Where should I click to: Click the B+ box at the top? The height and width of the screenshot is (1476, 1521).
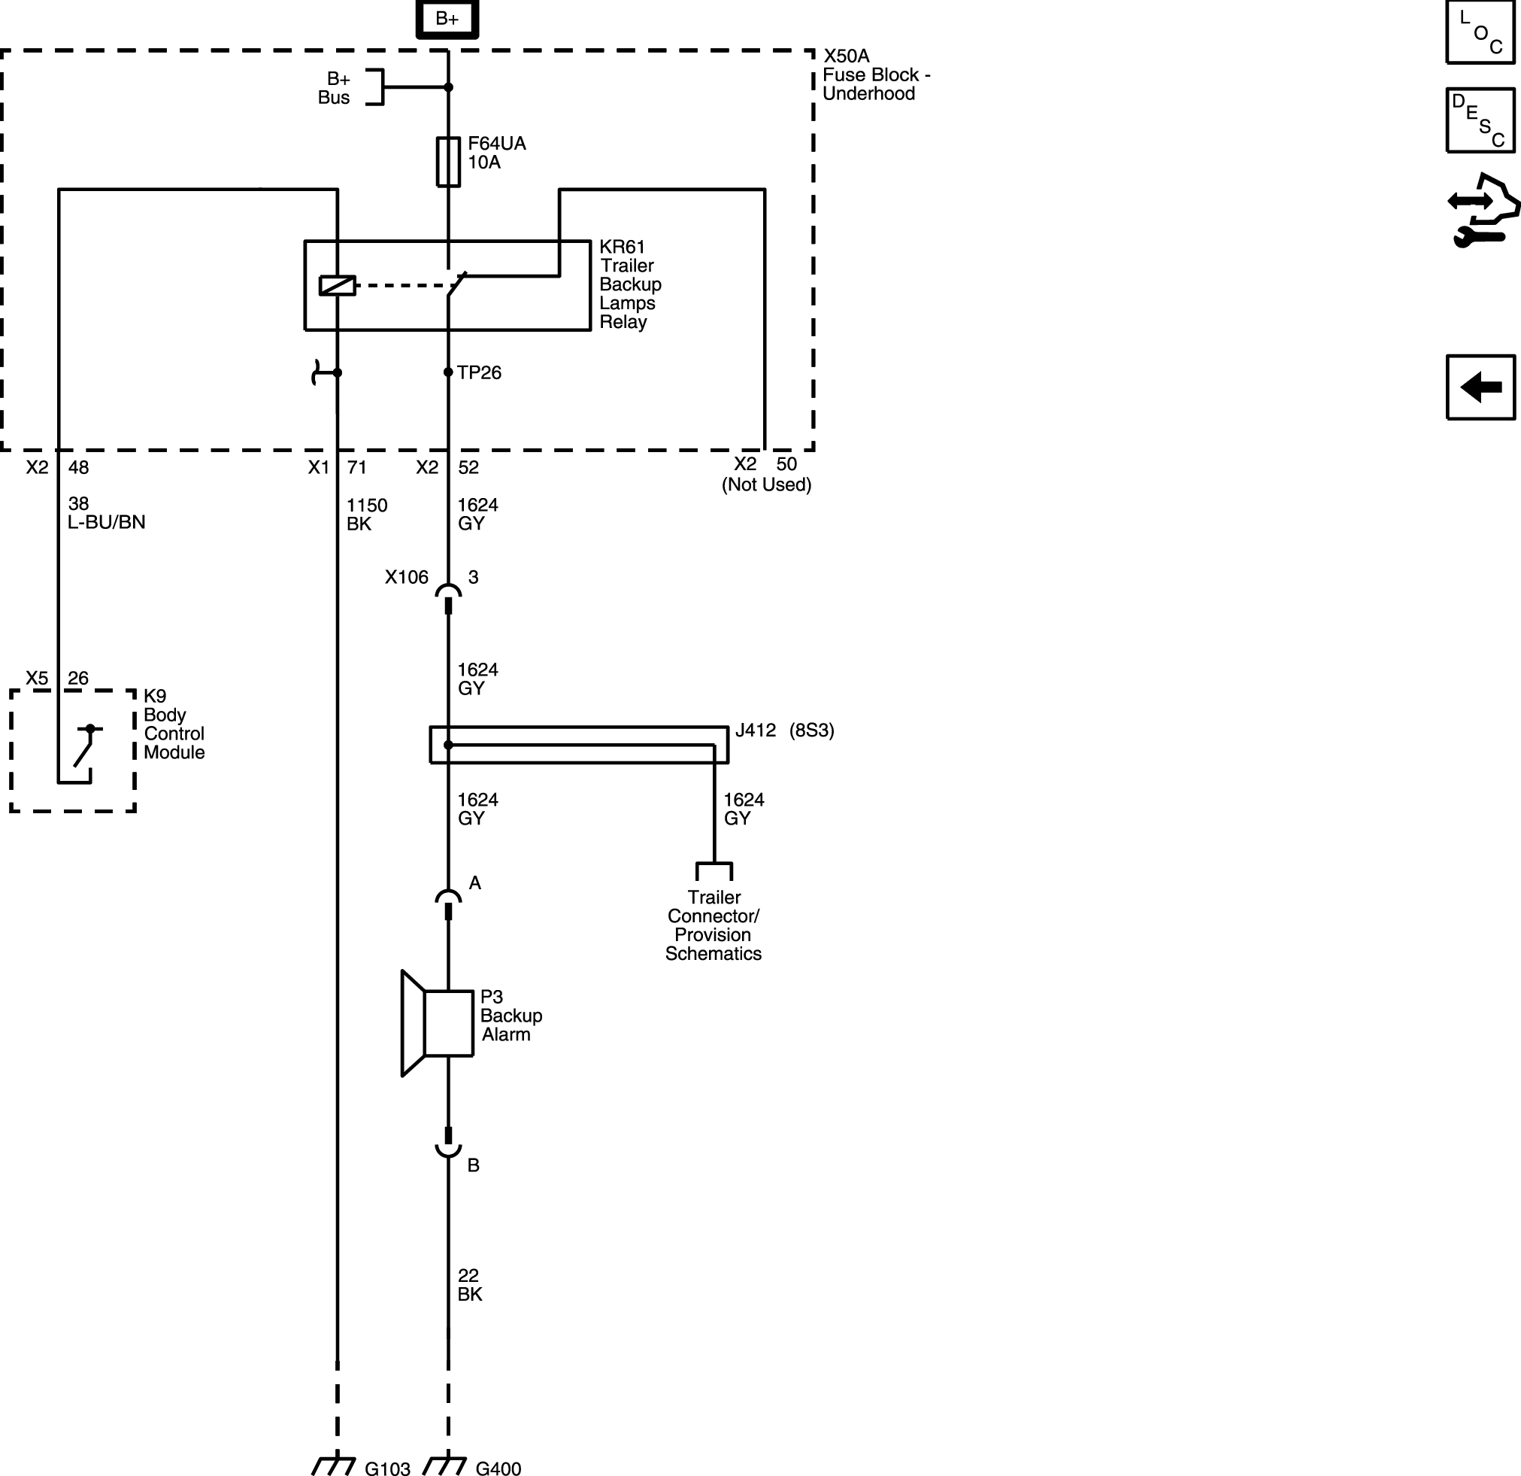pos(447,18)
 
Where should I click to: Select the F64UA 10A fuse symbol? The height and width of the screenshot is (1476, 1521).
pos(448,162)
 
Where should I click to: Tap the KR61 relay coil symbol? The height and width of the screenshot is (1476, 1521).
pos(338,286)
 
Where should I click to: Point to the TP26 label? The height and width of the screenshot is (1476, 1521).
pos(479,372)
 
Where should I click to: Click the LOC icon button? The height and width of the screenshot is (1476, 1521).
pos(1480,32)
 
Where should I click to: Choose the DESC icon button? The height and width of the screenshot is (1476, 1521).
pos(1480,120)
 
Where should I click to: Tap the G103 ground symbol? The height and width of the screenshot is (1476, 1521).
pos(334,1465)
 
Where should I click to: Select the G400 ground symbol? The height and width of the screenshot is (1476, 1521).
pos(444,1465)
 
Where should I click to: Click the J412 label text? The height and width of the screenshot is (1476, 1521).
pos(755,730)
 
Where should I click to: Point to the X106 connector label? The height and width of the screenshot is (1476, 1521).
pos(407,577)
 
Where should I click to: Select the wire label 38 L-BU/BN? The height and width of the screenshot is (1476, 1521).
pos(106,512)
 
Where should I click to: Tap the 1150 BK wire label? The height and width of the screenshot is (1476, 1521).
pos(366,514)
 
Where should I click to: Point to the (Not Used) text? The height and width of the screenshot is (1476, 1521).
pos(767,484)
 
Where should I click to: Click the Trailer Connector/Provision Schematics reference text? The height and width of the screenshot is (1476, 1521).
pos(714,925)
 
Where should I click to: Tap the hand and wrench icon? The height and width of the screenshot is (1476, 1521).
pos(1483,211)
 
